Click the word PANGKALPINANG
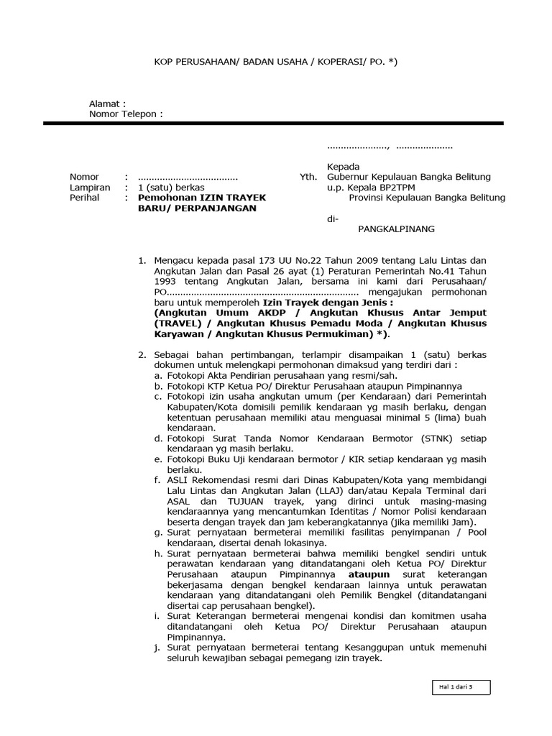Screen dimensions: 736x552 click(396, 229)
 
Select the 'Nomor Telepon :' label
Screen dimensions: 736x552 click(126, 114)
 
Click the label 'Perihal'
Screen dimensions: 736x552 click(84, 198)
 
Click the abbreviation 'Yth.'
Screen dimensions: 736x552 click(308, 177)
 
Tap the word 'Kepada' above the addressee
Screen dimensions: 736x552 click(342, 166)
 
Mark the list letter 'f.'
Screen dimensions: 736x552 click(157, 480)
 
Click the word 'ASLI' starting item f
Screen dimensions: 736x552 click(177, 480)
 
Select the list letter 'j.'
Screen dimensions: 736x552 click(157, 649)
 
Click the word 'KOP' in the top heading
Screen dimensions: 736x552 click(165, 63)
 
